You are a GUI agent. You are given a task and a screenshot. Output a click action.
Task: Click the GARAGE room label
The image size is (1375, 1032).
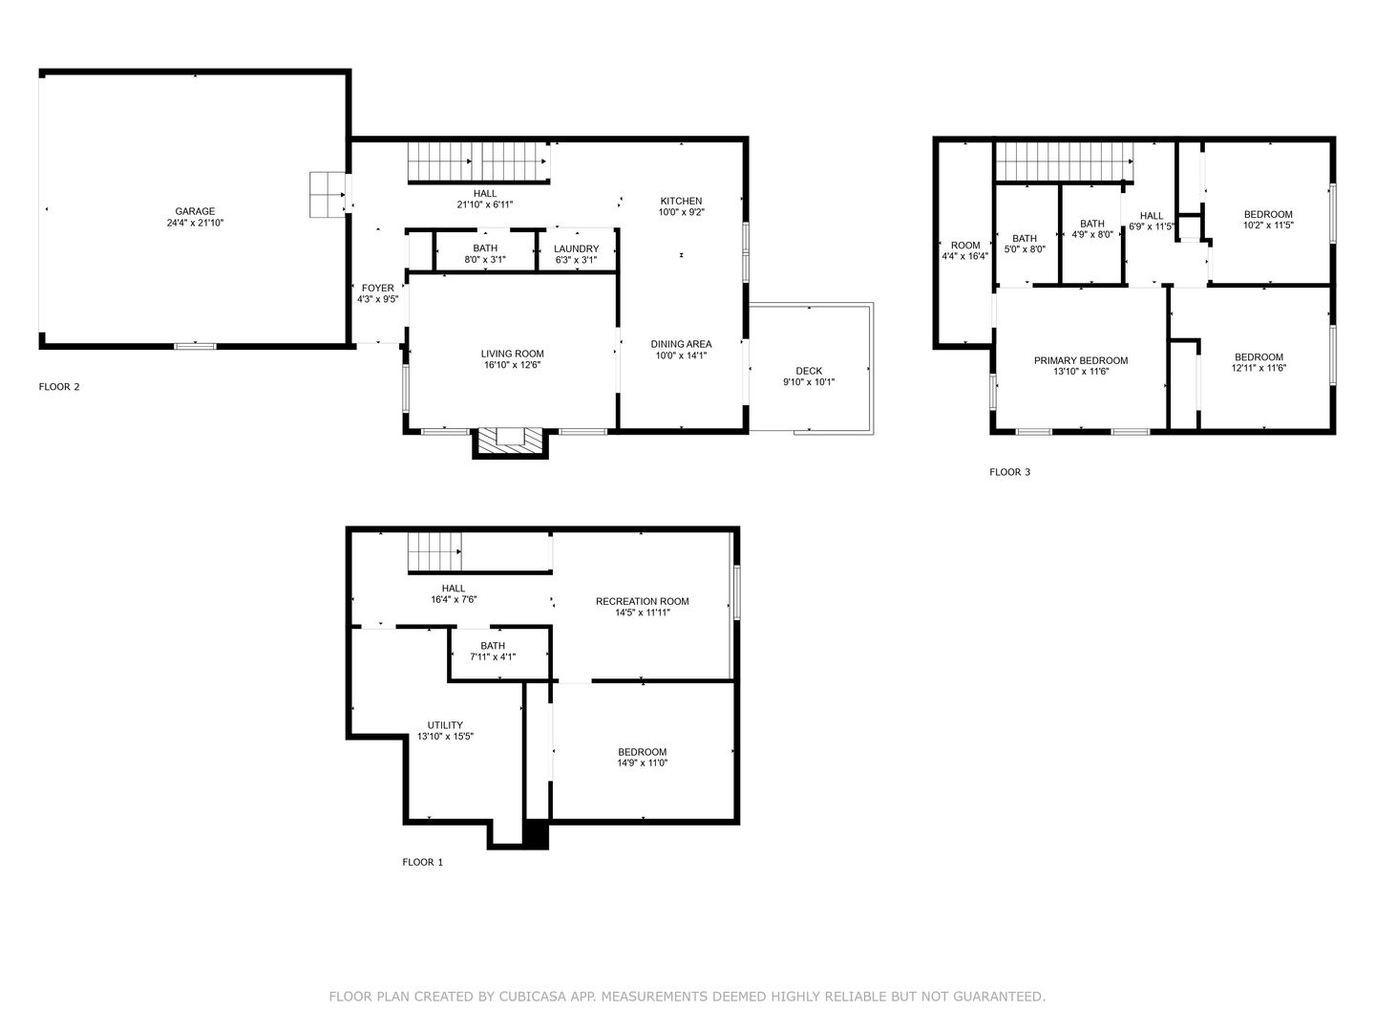[x=195, y=211]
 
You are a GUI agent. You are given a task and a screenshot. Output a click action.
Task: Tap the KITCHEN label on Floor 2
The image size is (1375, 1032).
[x=681, y=201]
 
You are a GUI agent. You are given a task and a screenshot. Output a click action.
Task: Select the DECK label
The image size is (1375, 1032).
[x=809, y=371]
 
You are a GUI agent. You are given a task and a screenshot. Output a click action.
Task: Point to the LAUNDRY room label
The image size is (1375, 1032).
[x=577, y=248]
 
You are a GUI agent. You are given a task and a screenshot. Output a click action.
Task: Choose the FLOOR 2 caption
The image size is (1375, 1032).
[x=59, y=387]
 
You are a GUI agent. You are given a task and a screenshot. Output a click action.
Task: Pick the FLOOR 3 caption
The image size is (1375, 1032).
[x=1010, y=472]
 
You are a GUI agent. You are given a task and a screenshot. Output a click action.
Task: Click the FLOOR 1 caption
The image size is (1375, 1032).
[x=422, y=862]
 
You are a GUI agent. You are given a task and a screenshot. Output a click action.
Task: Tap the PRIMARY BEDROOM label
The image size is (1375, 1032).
[x=1081, y=360]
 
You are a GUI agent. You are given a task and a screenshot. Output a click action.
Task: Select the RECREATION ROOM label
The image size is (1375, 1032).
[x=642, y=602]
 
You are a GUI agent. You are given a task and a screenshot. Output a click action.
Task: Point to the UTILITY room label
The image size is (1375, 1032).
[x=445, y=725]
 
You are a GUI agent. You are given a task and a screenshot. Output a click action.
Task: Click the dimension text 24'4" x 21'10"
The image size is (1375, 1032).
[x=195, y=223]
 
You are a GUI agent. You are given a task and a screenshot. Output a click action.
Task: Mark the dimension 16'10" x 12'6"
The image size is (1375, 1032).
[x=513, y=365]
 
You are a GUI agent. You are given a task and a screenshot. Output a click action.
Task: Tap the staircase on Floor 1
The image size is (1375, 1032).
[x=435, y=551]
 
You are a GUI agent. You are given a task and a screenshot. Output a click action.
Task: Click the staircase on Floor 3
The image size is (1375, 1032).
[x=1065, y=161]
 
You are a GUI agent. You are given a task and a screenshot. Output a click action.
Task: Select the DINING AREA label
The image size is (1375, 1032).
[x=681, y=344]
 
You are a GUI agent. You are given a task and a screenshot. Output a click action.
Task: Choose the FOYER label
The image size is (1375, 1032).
[x=378, y=289]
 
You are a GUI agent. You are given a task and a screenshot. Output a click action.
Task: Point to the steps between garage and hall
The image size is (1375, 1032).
[x=327, y=195]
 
